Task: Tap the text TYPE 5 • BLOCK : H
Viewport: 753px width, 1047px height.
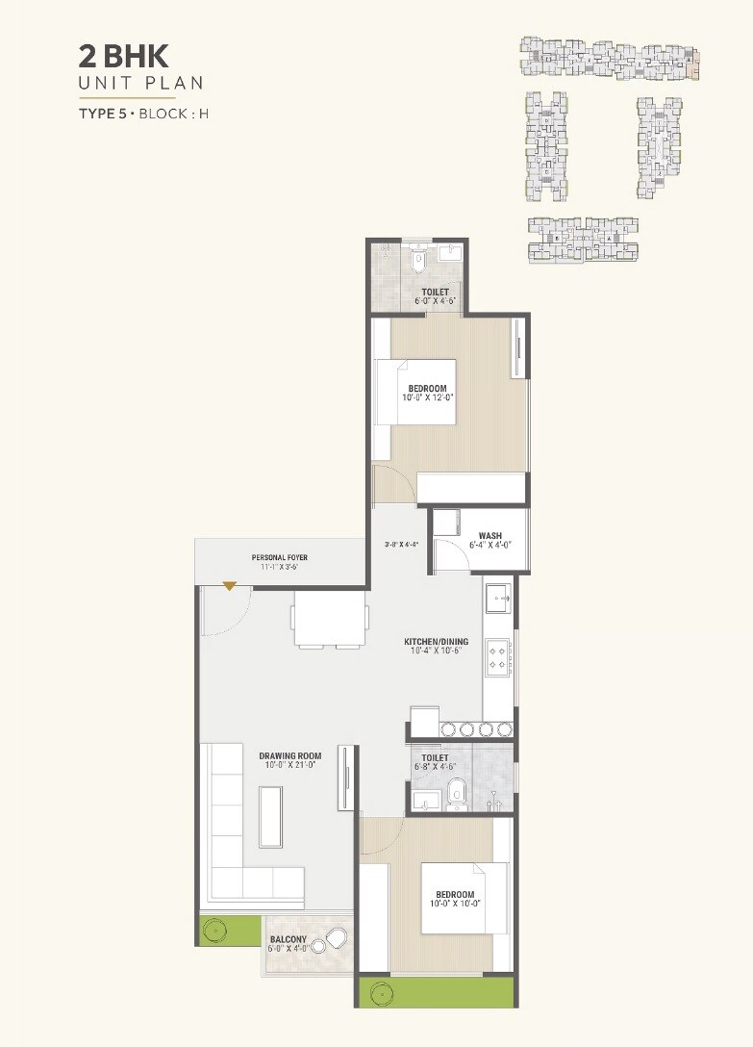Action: [144, 115]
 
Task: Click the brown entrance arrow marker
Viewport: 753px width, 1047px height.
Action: [230, 585]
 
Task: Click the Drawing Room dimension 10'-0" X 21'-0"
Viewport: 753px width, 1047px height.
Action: [289, 766]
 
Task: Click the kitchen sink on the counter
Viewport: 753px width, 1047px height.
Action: [499, 599]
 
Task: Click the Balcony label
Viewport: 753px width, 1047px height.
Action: [288, 940]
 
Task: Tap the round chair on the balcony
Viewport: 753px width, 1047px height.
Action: [337, 940]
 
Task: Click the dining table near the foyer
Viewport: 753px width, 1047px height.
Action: [330, 617]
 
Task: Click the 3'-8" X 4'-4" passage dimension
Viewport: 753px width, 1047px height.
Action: [400, 544]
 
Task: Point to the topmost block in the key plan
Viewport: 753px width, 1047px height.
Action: [609, 58]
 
